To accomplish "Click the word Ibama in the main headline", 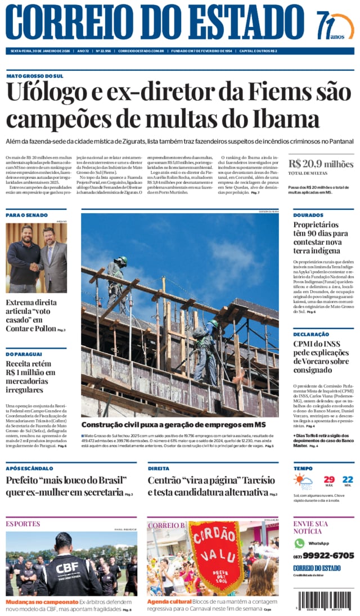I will pyautogui.click(x=286, y=119).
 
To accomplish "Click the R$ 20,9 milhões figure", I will pyautogui.click(x=321, y=164).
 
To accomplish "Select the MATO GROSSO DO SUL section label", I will pyautogui.click(x=35, y=76).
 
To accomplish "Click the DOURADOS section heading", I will pyautogui.click(x=308, y=215).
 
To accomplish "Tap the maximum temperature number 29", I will pyautogui.click(x=329, y=480).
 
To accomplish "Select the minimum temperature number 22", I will pyautogui.click(x=348, y=480).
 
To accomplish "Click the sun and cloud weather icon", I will pyautogui.click(x=303, y=482).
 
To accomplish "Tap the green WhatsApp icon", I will pyautogui.click(x=299, y=543).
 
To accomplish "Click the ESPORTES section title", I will pyautogui.click(x=23, y=524).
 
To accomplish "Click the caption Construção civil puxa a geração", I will pyautogui.click(x=173, y=425).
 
